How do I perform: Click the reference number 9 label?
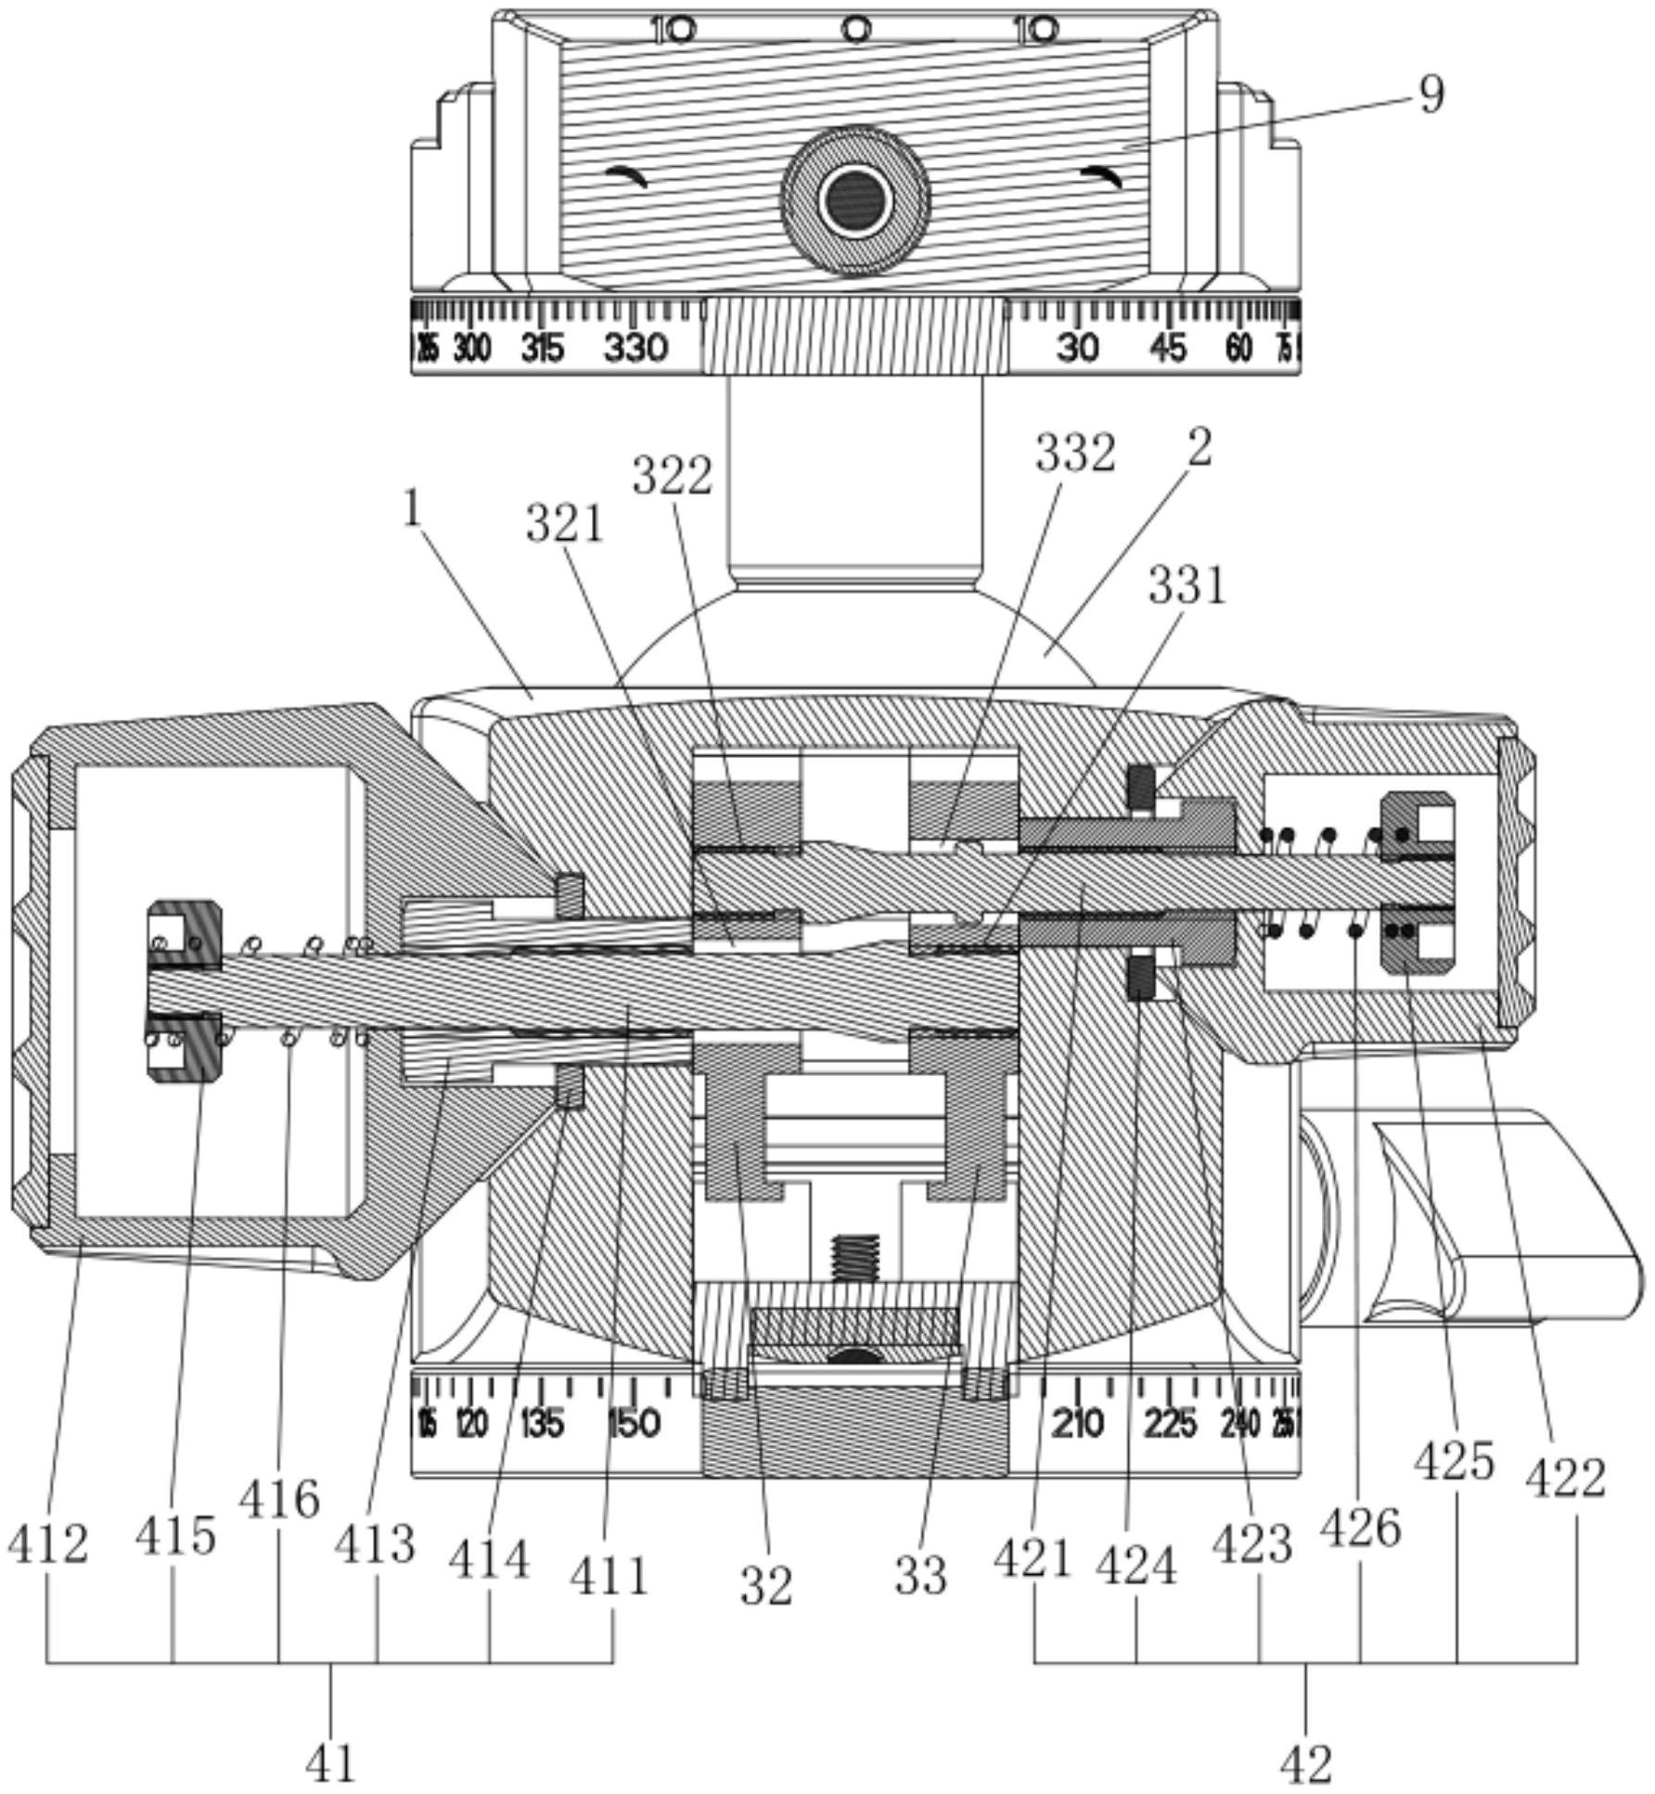click(1431, 95)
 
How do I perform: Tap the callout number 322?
click(673, 477)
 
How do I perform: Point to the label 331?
click(1187, 586)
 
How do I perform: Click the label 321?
click(565, 525)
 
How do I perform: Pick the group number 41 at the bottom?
click(330, 1762)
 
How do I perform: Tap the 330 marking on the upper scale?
click(635, 349)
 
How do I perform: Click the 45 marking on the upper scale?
click(1168, 349)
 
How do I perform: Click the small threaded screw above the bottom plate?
click(855, 1258)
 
